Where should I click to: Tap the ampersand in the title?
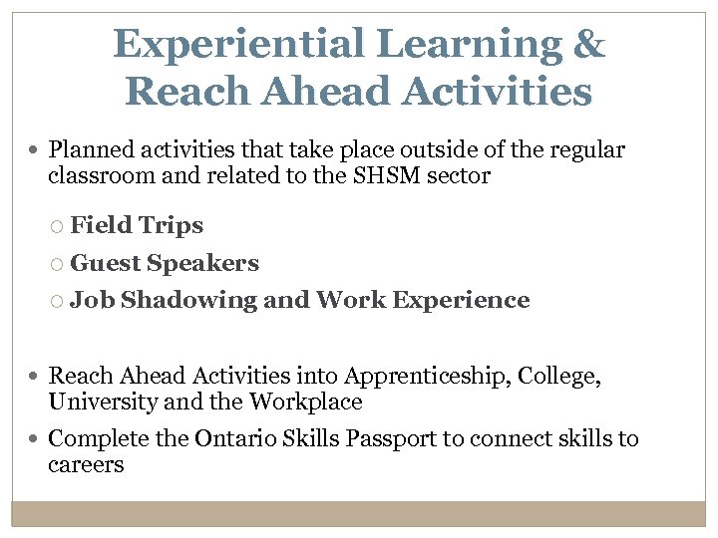[589, 44]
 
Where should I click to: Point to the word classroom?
[96, 176]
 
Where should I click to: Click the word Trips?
[171, 225]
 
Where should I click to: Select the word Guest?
[106, 263]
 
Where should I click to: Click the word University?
[96, 402]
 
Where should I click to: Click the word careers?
[86, 464]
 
